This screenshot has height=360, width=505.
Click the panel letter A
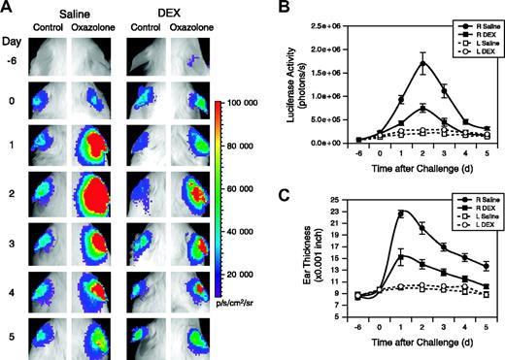pyautogui.click(x=9, y=9)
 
